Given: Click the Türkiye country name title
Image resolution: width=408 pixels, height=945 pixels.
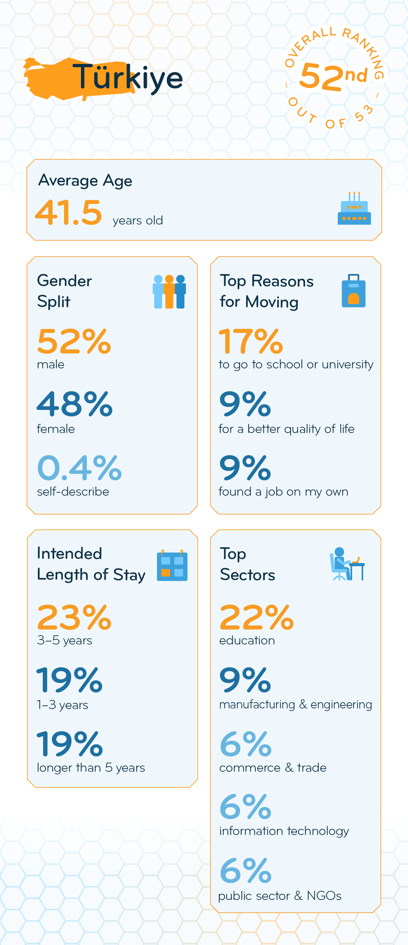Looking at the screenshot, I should coord(127,77).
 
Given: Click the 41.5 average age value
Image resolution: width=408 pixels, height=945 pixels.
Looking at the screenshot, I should coord(69,212).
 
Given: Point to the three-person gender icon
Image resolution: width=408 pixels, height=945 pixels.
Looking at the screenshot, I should coord(169,291).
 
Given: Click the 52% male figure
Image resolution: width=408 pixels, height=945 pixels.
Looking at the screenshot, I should coord(74,342).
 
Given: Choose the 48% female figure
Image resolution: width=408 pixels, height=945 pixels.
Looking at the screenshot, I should coord(74,404).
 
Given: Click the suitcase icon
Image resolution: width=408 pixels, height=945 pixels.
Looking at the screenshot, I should coord(353,291).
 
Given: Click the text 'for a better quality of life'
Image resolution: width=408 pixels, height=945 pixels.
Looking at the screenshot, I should coord(286,429).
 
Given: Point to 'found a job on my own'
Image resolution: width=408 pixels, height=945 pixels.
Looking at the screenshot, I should coord(283,491).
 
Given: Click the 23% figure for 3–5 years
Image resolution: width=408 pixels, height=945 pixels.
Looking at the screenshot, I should coord(74,617).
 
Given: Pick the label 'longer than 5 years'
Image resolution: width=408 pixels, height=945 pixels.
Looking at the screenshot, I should coord(91,767).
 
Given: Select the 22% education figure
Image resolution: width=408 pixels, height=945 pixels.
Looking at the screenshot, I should coord(257,617).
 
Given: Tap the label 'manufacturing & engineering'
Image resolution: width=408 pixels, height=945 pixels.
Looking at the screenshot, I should coord(295,705).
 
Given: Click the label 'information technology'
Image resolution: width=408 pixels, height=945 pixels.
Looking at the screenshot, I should coord(284,830).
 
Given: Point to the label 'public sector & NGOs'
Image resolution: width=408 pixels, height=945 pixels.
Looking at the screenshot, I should coord(280,895).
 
